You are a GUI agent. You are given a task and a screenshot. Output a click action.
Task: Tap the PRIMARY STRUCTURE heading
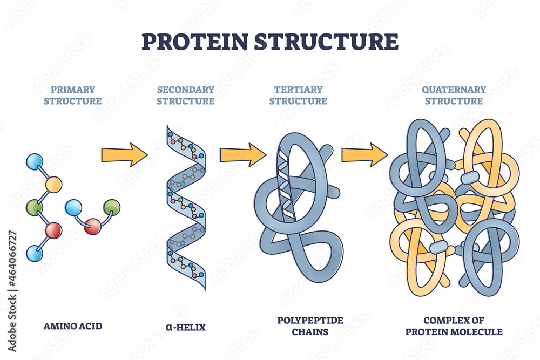73,95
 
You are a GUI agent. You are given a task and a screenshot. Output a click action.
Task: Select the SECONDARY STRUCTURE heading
186,95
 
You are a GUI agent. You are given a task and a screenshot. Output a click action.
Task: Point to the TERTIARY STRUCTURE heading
298,95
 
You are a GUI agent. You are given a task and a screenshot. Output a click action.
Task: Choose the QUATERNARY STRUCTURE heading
454,95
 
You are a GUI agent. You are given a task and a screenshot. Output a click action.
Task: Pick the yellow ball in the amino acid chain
53,185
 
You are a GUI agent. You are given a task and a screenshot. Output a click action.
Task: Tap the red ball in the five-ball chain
53,230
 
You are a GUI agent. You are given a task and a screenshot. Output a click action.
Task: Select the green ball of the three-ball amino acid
112,207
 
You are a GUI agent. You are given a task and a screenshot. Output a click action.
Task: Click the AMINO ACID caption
73,326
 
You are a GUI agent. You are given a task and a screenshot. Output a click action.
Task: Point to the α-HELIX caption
186,326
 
